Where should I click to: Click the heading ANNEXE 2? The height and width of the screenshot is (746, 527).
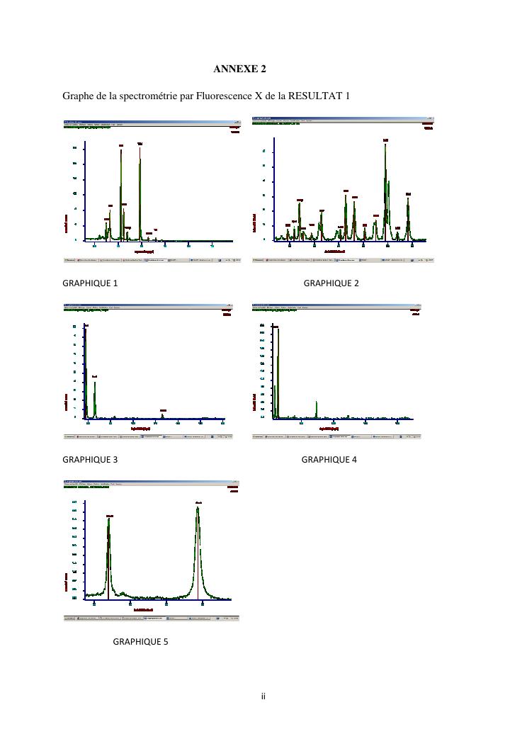(x=239, y=69)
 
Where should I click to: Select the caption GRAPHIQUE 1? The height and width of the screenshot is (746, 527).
(x=90, y=283)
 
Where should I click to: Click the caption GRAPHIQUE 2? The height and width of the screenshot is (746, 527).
(x=331, y=283)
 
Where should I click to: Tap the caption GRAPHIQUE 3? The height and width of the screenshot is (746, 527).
(x=90, y=459)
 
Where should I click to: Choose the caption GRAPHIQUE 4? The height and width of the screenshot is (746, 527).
(x=329, y=459)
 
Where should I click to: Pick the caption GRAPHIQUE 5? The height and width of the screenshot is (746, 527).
(x=140, y=642)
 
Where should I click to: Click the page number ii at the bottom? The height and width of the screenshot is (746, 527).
(x=263, y=696)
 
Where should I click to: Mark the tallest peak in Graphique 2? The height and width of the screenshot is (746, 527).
(x=385, y=145)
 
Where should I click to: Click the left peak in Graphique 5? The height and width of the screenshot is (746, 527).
(x=108, y=521)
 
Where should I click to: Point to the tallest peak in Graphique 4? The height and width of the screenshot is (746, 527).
(x=278, y=330)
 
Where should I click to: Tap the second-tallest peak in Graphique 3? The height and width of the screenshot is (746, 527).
(x=94, y=383)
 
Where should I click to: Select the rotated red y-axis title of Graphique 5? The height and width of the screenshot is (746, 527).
(x=67, y=585)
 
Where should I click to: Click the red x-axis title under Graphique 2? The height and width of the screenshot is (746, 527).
(x=335, y=251)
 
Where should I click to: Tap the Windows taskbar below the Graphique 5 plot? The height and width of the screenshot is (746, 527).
(x=152, y=618)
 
